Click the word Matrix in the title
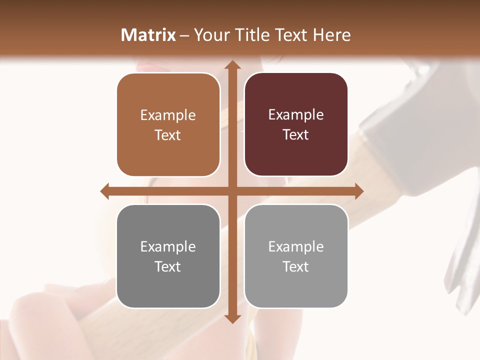pyautogui.click(x=148, y=35)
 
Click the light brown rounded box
pyautogui.click(x=168, y=125)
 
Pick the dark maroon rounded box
pyautogui.click(x=296, y=124)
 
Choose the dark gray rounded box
pyautogui.click(x=168, y=256)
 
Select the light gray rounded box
pyautogui.click(x=296, y=256)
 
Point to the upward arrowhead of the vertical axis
pyautogui.click(x=232, y=65)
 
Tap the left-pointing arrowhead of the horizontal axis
pyautogui.click(x=105, y=191)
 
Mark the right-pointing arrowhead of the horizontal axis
pyautogui.click(x=358, y=191)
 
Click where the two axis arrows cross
pyautogui.click(x=232, y=191)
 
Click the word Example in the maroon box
pyautogui.click(x=296, y=115)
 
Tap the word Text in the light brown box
pyautogui.click(x=167, y=135)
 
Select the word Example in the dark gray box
pyautogui.click(x=168, y=247)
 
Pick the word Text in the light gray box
pyautogui.click(x=296, y=267)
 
